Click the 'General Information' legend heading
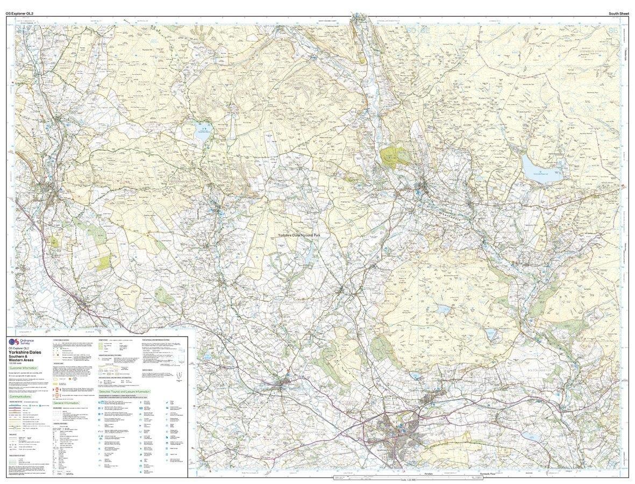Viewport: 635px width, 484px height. click(x=66, y=402)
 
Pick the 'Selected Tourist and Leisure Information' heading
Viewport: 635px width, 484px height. click(x=124, y=392)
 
